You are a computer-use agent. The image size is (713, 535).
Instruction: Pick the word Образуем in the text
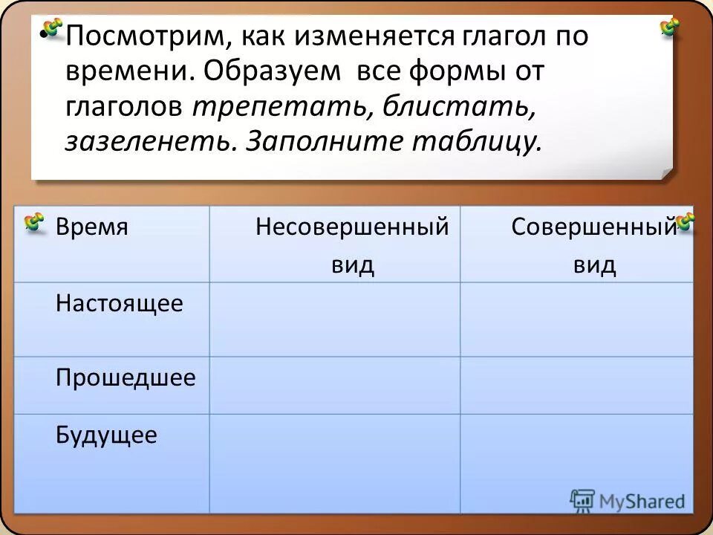273,72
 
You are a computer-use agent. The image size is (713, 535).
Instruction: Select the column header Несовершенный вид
352,245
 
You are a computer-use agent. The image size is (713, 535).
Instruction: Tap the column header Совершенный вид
594,245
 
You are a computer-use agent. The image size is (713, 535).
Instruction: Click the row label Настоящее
120,303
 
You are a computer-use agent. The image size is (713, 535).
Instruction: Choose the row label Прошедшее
126,378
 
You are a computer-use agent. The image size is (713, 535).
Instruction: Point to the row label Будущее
106,435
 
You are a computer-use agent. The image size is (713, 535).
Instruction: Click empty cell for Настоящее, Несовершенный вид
334,320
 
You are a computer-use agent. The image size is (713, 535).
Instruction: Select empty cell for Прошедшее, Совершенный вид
576,385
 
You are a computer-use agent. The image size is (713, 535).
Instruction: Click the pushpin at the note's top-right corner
670,27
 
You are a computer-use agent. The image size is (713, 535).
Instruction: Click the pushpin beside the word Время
34,221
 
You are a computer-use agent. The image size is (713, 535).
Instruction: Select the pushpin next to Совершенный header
685,221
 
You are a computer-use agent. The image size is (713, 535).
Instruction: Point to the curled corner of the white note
666,172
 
